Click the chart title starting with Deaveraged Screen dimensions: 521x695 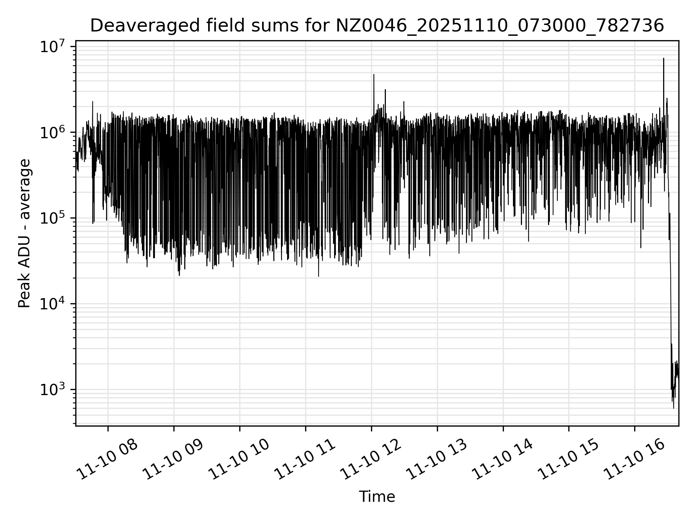click(x=376, y=26)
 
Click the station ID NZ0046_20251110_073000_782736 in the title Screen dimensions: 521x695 click(x=500, y=26)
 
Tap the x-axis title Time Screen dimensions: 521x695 click(x=376, y=497)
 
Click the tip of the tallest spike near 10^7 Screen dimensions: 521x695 click(x=664, y=58)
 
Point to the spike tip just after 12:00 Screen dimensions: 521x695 click(x=374, y=75)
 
